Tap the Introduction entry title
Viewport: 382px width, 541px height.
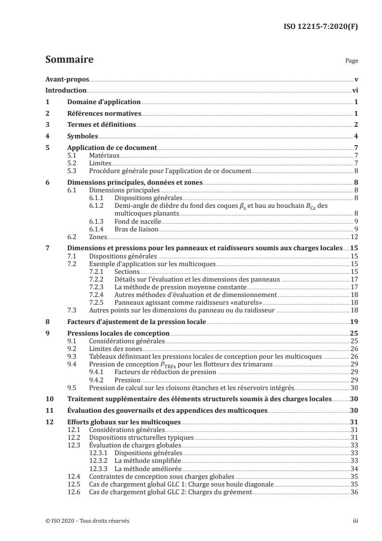point(66,90)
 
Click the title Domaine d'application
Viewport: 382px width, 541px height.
point(104,102)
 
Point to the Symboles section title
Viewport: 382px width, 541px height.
point(82,136)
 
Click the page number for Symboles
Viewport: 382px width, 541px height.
point(355,136)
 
